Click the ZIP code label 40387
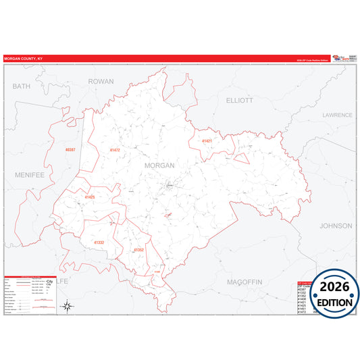(x=70, y=149)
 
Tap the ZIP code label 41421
(x=207, y=140)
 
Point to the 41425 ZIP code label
(x=90, y=197)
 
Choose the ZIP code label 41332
(x=99, y=242)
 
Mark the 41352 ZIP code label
(x=138, y=250)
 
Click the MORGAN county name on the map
(x=159, y=165)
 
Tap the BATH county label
(x=22, y=86)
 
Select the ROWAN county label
(x=101, y=81)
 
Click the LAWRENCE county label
(x=336, y=115)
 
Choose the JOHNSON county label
(x=336, y=226)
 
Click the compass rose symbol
(x=67, y=307)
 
